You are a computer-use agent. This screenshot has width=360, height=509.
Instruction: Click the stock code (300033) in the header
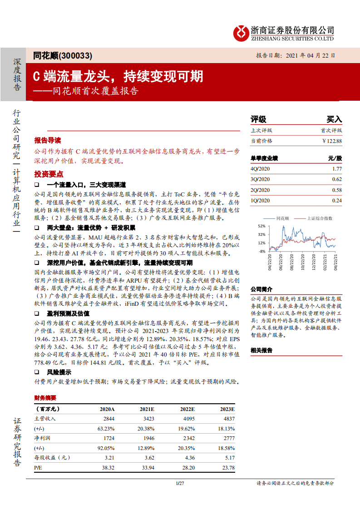click(x=76, y=56)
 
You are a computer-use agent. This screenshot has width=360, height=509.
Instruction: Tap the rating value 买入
click(x=334, y=119)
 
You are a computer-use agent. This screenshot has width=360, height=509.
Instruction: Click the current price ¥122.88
click(x=332, y=141)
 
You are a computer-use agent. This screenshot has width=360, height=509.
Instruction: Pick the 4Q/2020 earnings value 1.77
click(x=336, y=169)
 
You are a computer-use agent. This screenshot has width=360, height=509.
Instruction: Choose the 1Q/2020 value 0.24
click(x=336, y=201)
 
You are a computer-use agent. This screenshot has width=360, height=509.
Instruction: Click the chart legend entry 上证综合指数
click(x=320, y=218)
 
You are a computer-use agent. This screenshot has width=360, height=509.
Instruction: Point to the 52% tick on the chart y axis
click(x=262, y=226)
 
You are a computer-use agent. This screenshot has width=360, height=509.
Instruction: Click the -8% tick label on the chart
click(x=262, y=251)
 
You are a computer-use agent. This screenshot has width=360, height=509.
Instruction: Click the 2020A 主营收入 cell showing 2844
click(x=109, y=419)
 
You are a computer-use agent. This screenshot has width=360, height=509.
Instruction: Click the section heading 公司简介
click(x=261, y=289)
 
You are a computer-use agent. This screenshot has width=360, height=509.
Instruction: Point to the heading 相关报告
click(x=261, y=350)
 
